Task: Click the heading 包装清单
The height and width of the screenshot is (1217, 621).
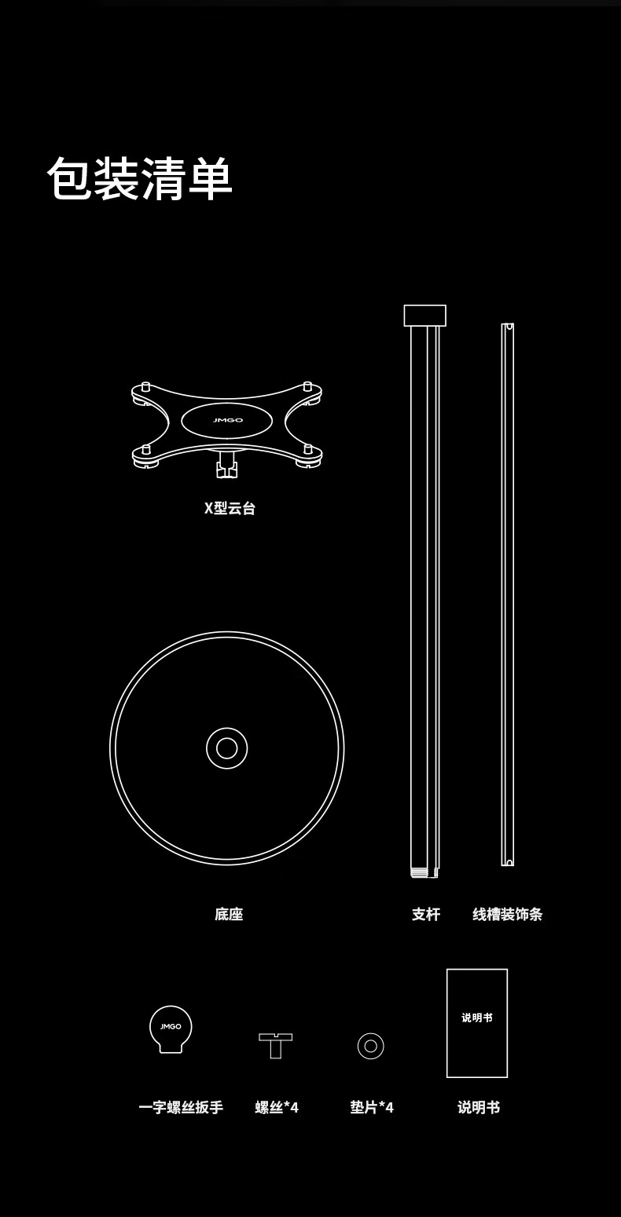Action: coord(140,179)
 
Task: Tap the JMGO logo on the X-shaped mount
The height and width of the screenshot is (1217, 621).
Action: coord(227,420)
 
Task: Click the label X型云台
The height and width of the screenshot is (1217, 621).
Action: coord(230,508)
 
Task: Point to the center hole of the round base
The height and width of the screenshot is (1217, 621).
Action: coord(227,748)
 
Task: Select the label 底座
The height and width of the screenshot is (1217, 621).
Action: coord(229,914)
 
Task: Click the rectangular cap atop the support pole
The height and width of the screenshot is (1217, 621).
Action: coord(424,316)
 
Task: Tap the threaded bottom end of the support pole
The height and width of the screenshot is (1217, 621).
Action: coord(424,872)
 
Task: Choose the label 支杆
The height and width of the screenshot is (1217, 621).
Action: coord(426,914)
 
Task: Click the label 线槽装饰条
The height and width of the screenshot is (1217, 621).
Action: coord(507,914)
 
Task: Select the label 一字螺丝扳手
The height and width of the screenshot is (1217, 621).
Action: coord(181,1108)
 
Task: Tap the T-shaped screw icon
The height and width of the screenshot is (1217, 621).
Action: coord(275,1044)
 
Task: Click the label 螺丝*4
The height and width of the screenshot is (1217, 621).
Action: coord(277,1108)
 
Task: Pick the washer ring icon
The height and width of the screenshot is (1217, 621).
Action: coord(370,1046)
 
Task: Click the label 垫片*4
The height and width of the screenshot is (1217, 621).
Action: coord(372,1108)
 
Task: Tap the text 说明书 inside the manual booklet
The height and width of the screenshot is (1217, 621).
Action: coord(477,1018)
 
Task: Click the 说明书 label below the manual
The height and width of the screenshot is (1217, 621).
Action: coord(479,1108)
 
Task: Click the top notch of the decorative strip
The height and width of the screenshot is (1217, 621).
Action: coord(509,326)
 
